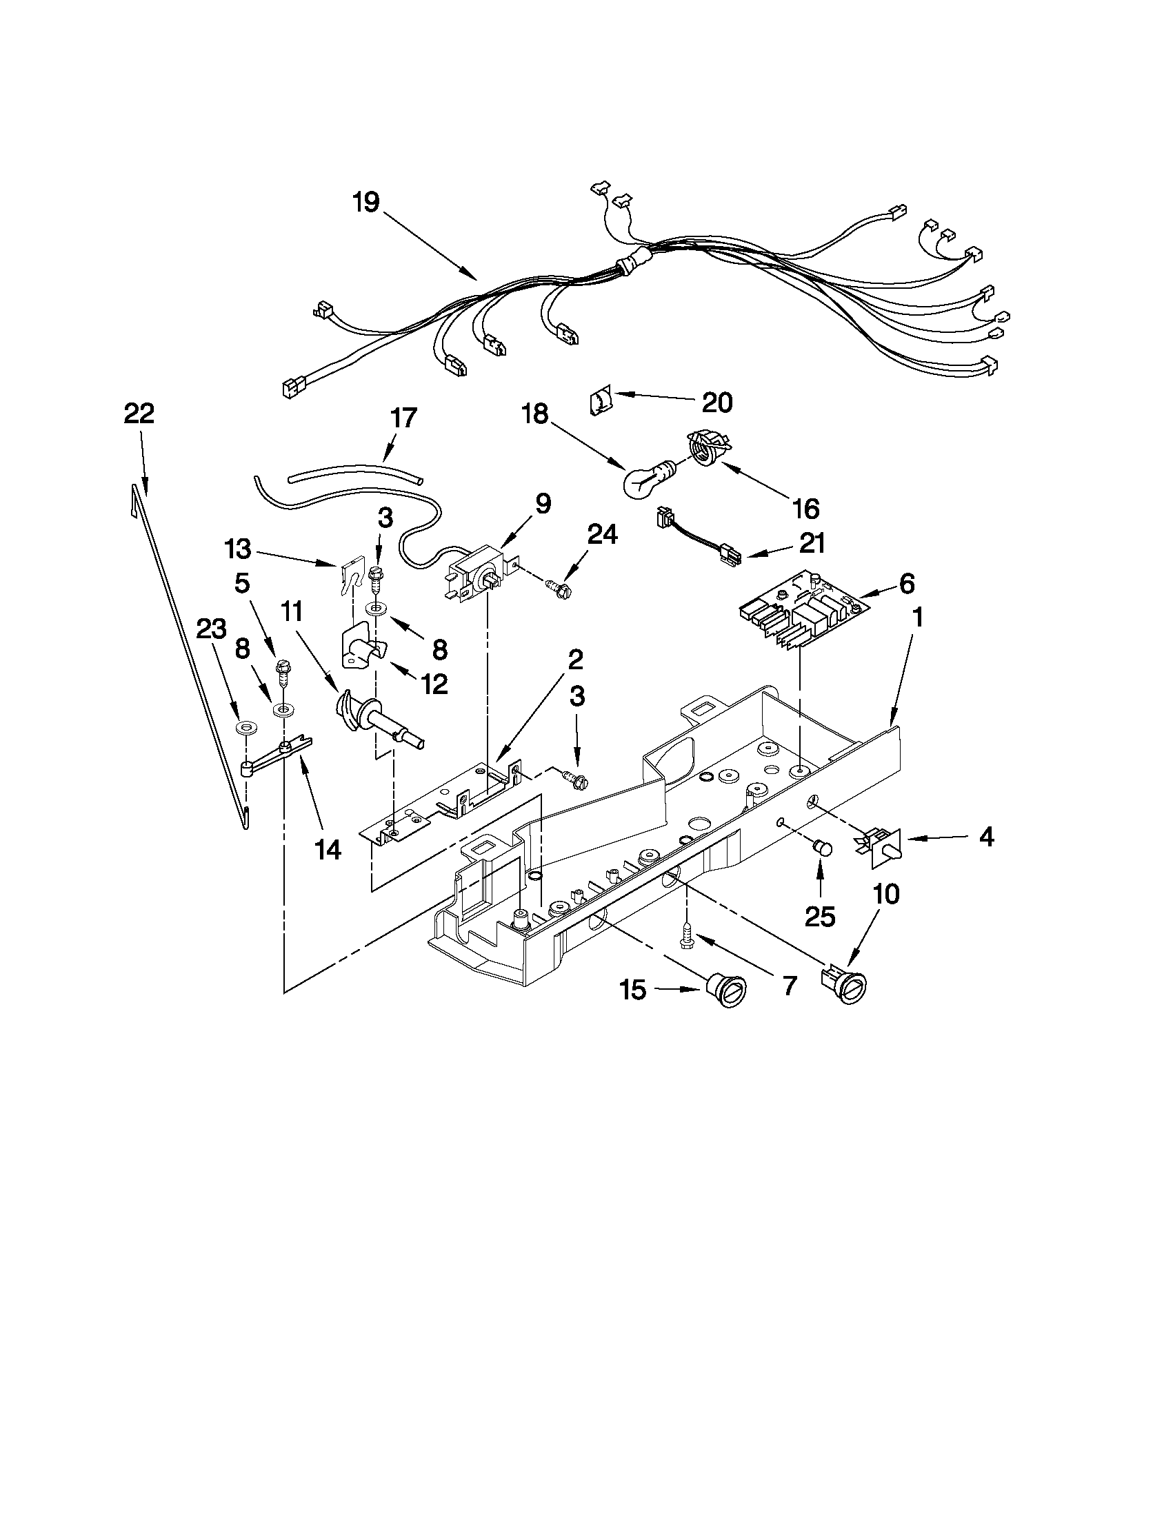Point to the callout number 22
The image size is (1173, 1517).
point(139,414)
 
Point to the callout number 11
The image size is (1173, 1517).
point(292,611)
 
